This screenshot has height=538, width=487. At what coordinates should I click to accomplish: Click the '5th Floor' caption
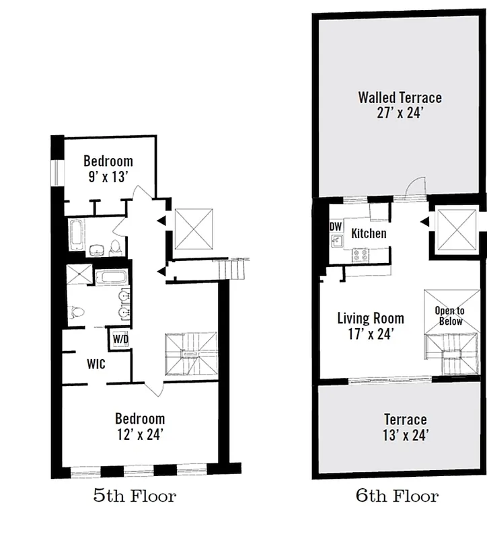point(135,497)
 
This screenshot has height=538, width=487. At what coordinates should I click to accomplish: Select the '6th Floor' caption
point(397,497)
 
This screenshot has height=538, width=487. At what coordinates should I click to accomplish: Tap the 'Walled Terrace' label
point(400,98)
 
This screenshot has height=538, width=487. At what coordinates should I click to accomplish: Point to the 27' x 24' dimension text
point(400,113)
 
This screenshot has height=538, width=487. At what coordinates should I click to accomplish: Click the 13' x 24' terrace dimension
point(405,435)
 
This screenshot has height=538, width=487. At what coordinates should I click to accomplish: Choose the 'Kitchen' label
point(369,233)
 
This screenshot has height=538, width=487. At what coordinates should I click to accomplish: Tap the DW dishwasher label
point(335,227)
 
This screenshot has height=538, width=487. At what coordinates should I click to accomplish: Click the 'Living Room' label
point(371,317)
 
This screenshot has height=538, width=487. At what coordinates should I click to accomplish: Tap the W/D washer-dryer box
point(120,339)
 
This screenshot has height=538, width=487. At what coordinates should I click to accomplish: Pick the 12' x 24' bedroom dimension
point(139,434)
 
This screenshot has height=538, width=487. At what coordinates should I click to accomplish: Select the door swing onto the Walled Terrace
point(417,187)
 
